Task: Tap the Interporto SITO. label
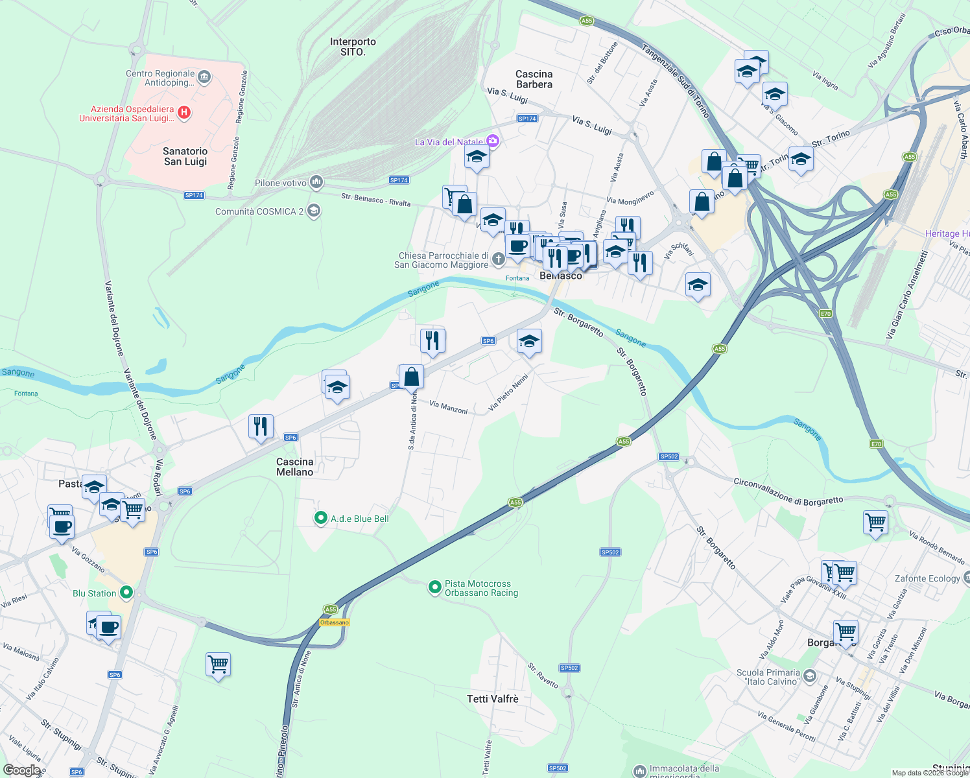click(353, 47)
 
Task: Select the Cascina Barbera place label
click(534, 79)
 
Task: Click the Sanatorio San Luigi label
click(185, 156)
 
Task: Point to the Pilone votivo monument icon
click(316, 182)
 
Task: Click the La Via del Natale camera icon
click(493, 141)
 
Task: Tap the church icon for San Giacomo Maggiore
click(498, 260)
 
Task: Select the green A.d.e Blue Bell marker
click(320, 518)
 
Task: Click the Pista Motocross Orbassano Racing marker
click(434, 587)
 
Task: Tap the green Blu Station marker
click(127, 593)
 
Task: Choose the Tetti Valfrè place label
click(493, 699)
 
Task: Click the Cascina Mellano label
click(295, 467)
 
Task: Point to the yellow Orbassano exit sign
click(335, 622)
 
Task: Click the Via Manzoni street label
click(448, 407)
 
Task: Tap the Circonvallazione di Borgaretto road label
click(788, 491)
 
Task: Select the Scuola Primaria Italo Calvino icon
click(809, 676)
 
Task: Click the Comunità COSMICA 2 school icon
click(314, 211)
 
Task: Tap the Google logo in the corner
click(21, 770)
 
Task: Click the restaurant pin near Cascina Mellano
click(261, 427)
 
